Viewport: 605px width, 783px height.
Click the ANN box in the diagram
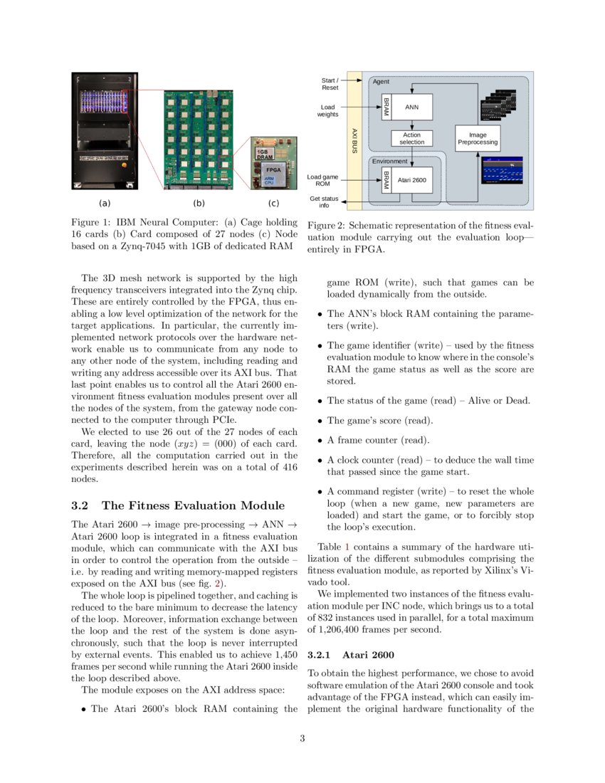point(411,107)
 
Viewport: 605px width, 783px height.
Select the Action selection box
point(411,138)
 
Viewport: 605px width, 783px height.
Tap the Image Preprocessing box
point(478,138)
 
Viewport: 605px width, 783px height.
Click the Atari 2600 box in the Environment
point(411,181)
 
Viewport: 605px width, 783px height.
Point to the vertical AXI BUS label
point(354,141)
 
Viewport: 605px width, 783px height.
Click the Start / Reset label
point(330,84)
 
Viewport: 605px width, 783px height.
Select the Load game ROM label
point(322,180)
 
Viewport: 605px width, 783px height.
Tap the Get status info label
point(324,202)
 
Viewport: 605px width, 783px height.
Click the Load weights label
point(328,110)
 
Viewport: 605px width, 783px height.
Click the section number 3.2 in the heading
point(80,505)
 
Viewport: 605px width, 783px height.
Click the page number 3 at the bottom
point(302,738)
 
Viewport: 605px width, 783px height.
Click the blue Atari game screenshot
point(502,170)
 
